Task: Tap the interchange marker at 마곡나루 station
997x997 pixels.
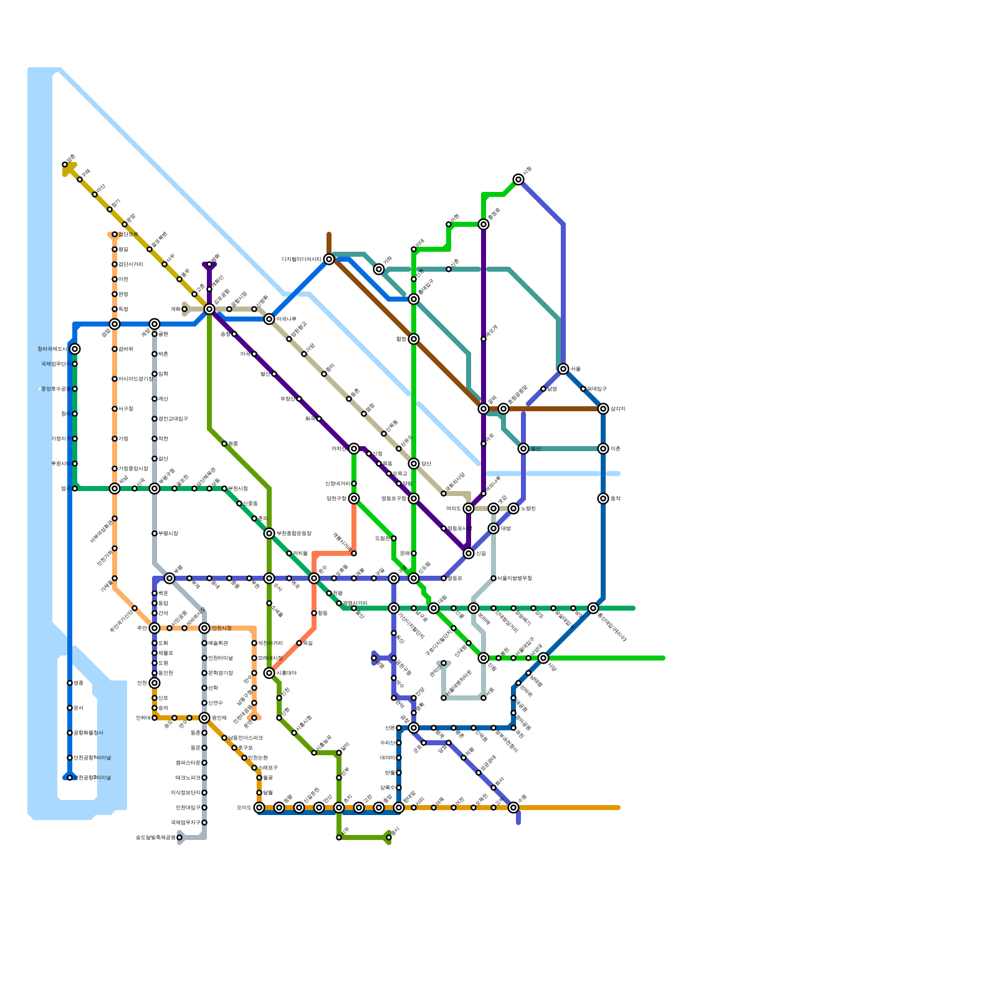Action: point(269,319)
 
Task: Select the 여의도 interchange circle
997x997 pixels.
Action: point(469,508)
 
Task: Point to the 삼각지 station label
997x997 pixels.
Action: point(618,409)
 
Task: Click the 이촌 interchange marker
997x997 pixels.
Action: point(603,449)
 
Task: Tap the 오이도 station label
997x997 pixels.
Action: point(244,808)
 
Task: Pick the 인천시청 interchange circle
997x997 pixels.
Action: point(204,628)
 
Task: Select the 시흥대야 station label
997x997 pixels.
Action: point(287,673)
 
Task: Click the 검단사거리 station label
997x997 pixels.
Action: point(131,264)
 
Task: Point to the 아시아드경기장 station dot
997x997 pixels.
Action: point(115,379)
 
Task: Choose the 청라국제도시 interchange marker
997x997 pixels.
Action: point(75,349)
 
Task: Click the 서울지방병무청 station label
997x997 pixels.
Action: point(514,578)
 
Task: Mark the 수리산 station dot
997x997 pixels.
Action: point(399,743)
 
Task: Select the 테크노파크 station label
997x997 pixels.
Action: point(188,778)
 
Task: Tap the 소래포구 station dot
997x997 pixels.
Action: point(254,768)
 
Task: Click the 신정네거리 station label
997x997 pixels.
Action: point(337,484)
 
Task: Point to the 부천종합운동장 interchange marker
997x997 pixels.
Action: point(269,533)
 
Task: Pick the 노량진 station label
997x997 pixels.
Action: point(528,508)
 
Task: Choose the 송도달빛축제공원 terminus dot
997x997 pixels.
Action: point(179,837)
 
